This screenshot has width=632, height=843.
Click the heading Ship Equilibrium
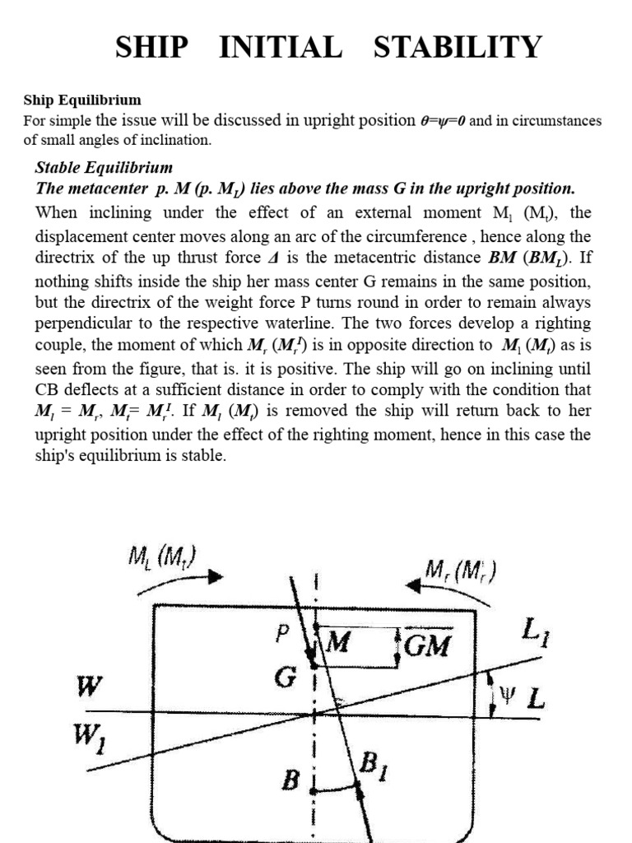pos(82,100)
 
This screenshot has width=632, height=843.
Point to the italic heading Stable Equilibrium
pos(104,168)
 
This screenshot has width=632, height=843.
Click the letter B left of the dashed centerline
pos(289,778)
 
